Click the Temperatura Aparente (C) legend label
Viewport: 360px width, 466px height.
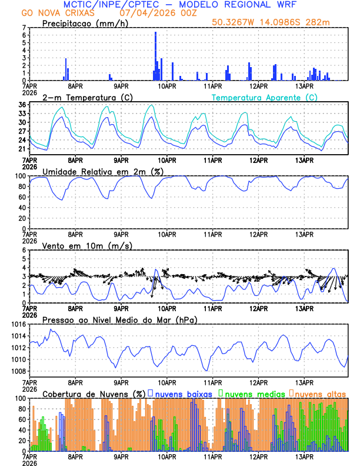(265, 97)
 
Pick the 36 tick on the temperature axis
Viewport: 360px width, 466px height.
(22, 105)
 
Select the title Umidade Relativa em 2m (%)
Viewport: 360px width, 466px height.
(103, 171)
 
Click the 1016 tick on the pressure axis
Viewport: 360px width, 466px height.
(18, 324)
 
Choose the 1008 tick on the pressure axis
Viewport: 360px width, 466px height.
(18, 371)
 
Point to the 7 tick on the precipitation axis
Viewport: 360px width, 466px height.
(24, 28)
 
